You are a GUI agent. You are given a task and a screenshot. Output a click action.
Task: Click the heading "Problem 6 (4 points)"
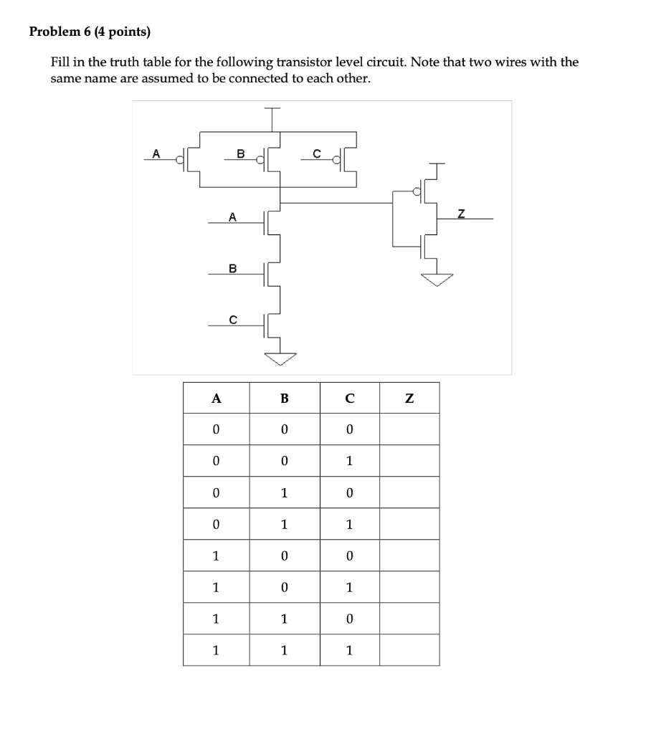tap(90, 32)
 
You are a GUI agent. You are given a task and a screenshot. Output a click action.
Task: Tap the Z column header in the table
tap(409, 399)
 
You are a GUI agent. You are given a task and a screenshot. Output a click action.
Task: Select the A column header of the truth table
tap(216, 399)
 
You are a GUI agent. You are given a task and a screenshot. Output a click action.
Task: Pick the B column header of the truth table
tap(284, 399)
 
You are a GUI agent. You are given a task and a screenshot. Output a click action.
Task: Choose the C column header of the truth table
tap(349, 399)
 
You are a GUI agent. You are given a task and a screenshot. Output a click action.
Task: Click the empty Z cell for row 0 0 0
tap(409, 429)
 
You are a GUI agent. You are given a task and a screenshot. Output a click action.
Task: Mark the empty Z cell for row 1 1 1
tap(409, 650)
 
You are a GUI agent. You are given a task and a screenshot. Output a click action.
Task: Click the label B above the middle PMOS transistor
tap(240, 153)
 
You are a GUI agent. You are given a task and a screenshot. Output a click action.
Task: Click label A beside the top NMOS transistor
tap(231, 215)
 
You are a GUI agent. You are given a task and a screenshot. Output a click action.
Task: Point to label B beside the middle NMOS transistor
tap(231, 268)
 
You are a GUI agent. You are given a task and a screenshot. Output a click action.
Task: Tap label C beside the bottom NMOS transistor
tap(231, 320)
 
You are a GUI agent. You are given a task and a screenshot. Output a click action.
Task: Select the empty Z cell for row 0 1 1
tap(409, 524)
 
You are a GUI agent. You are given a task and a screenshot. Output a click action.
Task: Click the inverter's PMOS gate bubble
tap(417, 191)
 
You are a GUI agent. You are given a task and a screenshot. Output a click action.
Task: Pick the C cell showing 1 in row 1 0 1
tap(349, 587)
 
